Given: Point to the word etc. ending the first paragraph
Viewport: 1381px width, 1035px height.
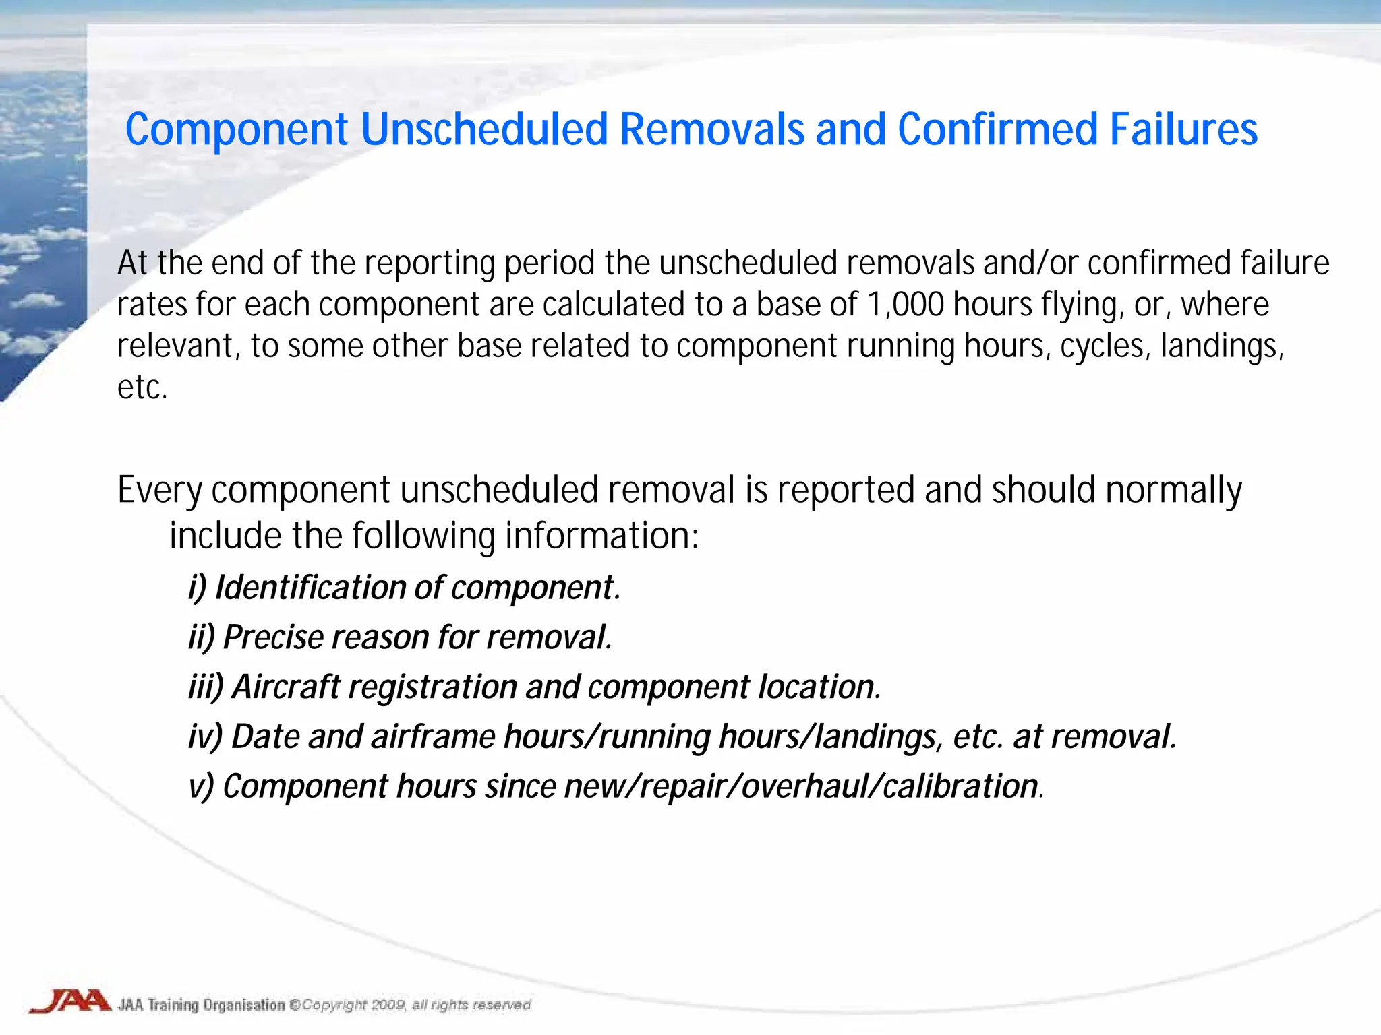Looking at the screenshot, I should (142, 387).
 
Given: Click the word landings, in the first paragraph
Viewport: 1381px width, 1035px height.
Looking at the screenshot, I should (1222, 346).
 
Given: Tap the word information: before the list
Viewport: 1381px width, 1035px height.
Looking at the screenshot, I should (601, 536).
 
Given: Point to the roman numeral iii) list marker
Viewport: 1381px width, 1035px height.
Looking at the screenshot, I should (205, 687).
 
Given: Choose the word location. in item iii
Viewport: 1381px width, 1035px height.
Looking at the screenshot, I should (819, 687).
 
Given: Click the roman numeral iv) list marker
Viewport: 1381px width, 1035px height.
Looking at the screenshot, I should (205, 736).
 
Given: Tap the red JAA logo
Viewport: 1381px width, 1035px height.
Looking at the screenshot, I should (70, 1001).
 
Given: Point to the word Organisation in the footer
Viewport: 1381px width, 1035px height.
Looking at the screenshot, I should (244, 1005).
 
